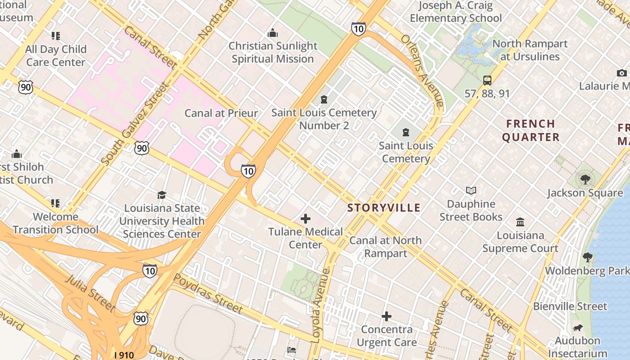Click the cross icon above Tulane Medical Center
(x=306, y=219)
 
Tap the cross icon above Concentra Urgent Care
(x=386, y=317)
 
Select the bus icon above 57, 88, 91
(x=487, y=81)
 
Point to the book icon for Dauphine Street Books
(x=471, y=191)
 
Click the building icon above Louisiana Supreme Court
(x=520, y=222)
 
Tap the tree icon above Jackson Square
(x=585, y=180)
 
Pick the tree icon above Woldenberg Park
(x=587, y=257)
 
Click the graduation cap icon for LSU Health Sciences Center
(x=162, y=195)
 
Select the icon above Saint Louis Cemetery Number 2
(x=324, y=99)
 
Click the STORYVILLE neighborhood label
(x=384, y=208)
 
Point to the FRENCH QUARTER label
(x=531, y=130)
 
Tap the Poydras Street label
(x=208, y=293)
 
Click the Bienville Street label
(x=570, y=306)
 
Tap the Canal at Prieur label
(x=221, y=113)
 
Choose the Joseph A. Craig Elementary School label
(x=455, y=12)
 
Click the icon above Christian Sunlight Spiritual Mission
(x=272, y=33)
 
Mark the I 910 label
(x=124, y=355)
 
